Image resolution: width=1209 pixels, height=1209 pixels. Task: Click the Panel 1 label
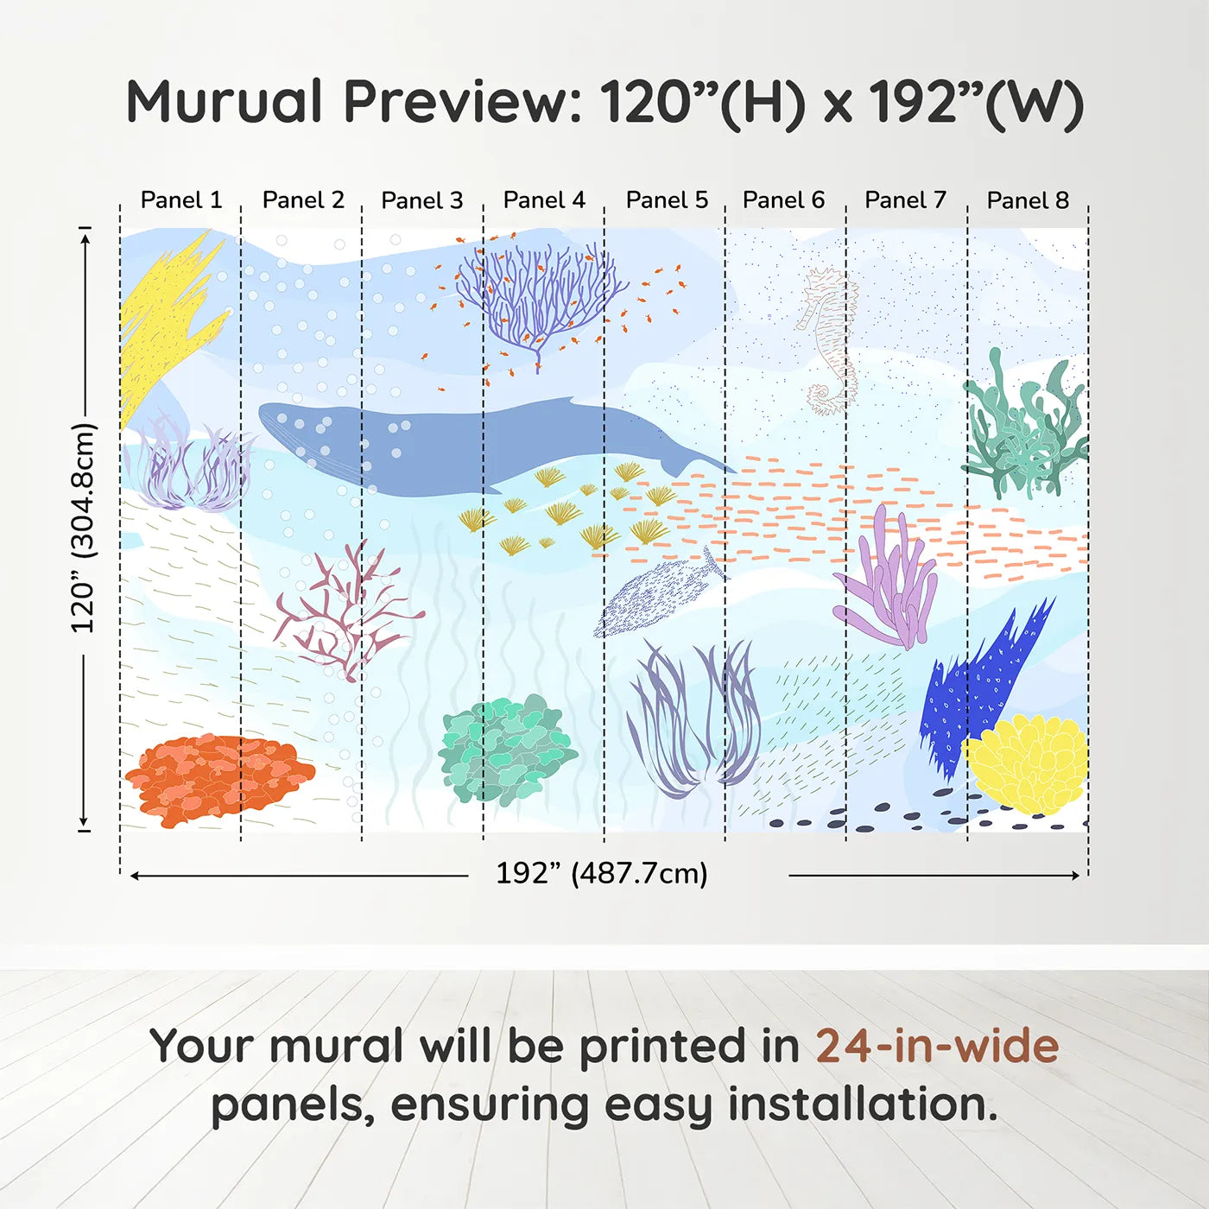click(181, 200)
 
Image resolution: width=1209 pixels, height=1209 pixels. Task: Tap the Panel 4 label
click(544, 200)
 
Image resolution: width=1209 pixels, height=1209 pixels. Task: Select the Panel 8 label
click(1028, 200)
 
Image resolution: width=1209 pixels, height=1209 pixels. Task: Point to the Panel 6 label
click(783, 200)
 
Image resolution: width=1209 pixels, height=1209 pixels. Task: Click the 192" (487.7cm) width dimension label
click(601, 873)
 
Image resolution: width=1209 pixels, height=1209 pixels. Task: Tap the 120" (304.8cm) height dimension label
click(83, 528)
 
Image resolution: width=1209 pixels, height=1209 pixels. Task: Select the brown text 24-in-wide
click(937, 1047)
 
